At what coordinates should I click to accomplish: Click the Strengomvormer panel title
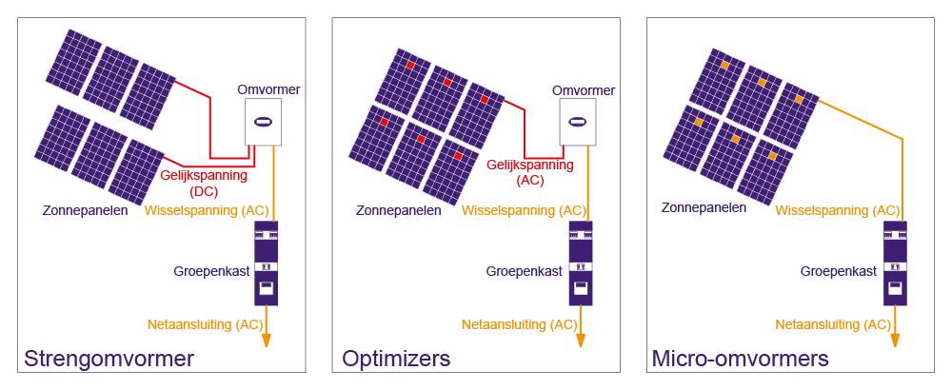point(109,360)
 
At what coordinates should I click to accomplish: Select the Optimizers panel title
point(396,360)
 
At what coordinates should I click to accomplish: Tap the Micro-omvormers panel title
point(740,360)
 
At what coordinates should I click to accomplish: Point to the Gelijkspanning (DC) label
point(204,184)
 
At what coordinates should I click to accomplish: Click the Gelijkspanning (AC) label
point(530,172)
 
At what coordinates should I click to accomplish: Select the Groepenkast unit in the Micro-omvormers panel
point(896,263)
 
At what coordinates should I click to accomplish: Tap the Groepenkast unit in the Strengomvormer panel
point(266,263)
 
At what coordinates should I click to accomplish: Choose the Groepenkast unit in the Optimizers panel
point(581,263)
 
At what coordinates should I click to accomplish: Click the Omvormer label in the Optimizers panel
point(584,90)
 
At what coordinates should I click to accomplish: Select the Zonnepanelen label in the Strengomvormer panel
point(85,211)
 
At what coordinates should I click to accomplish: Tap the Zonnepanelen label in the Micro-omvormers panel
point(704,206)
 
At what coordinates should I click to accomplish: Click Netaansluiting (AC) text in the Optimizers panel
point(519,324)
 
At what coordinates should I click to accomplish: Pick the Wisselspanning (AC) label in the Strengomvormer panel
point(207,210)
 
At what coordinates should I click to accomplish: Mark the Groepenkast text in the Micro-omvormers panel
point(838,271)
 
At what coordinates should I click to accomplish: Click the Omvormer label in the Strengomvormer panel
point(268,90)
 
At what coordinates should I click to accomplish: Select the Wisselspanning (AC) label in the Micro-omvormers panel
point(838,210)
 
